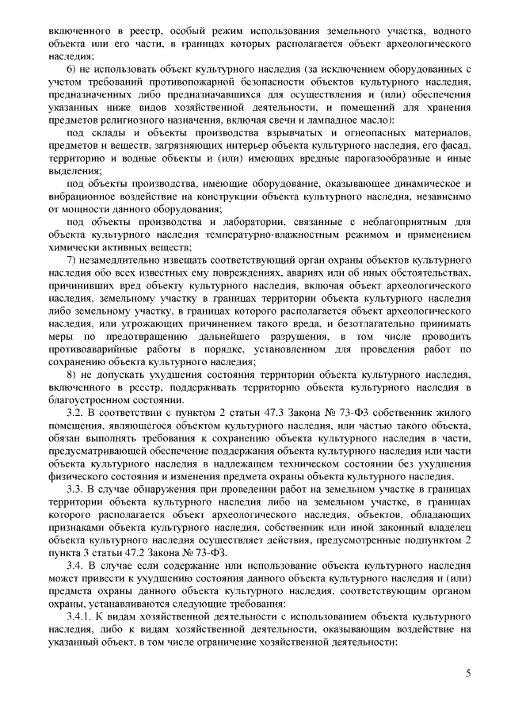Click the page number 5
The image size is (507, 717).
468,673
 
